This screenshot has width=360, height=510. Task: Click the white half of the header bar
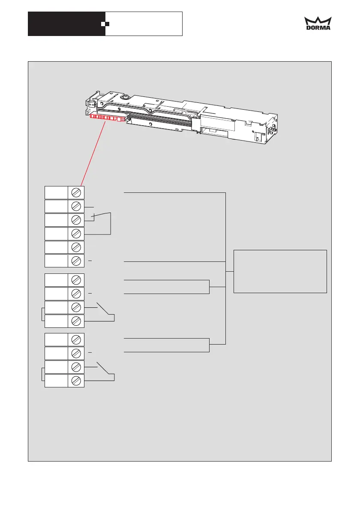tap(144, 24)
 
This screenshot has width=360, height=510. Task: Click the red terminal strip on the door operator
tap(107, 118)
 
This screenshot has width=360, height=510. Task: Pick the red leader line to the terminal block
tap(93, 153)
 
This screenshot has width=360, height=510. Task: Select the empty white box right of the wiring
tap(280, 271)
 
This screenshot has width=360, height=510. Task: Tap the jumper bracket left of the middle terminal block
tap(42, 314)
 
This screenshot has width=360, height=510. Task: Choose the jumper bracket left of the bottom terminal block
tap(42, 374)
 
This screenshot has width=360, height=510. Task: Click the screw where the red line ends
tap(76, 192)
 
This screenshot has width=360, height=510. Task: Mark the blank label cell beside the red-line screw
tap(56, 192)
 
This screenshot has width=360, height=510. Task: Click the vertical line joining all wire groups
tap(225, 268)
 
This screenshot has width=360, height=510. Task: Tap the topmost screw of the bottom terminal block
tap(76, 339)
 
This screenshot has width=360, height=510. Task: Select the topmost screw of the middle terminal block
tap(76, 280)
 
